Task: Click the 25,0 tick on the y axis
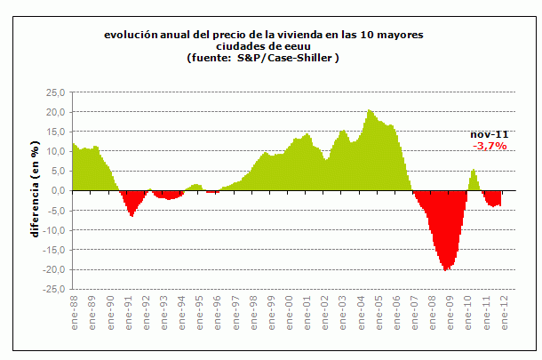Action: click(56, 92)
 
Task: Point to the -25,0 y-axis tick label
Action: click(54, 289)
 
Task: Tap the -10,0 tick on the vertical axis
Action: click(54, 230)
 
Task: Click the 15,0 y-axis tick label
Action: click(56, 132)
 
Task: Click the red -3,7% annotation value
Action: click(490, 145)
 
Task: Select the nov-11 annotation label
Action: click(490, 133)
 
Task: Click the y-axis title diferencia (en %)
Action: click(36, 189)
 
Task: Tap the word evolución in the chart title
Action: click(130, 35)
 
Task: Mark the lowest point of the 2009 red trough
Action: click(447, 269)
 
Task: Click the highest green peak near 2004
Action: click(369, 110)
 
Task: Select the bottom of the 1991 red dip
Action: click(132, 216)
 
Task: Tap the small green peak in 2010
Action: click(474, 169)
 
